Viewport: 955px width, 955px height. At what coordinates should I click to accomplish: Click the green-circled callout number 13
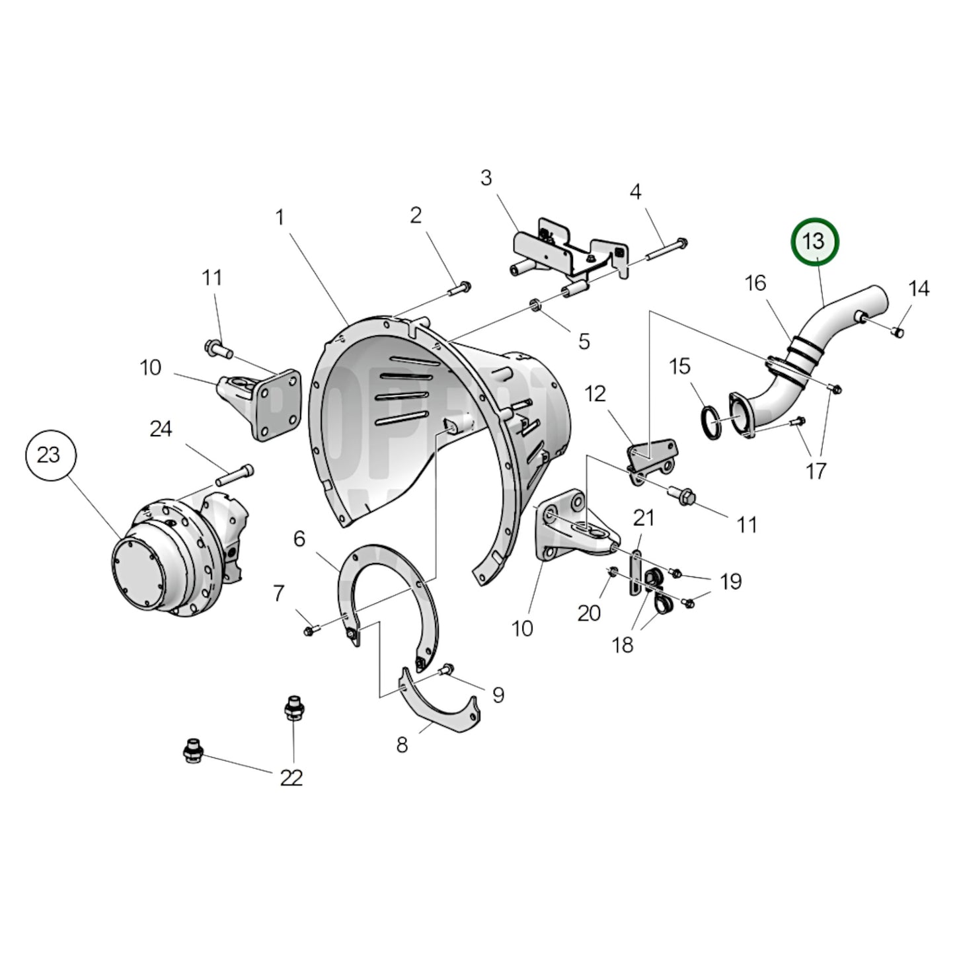tap(815, 241)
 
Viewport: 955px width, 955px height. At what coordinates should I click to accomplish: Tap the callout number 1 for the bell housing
tap(280, 217)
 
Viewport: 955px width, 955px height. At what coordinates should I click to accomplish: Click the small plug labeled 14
tap(898, 331)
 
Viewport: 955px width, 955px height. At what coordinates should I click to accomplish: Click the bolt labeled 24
tap(234, 473)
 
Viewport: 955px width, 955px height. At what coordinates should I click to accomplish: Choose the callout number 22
tap(291, 778)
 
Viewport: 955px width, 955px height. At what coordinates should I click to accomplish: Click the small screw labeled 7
tap(309, 632)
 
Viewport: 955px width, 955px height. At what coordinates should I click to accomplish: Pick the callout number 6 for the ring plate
tap(299, 539)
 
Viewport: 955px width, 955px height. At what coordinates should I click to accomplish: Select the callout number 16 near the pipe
tap(755, 283)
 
